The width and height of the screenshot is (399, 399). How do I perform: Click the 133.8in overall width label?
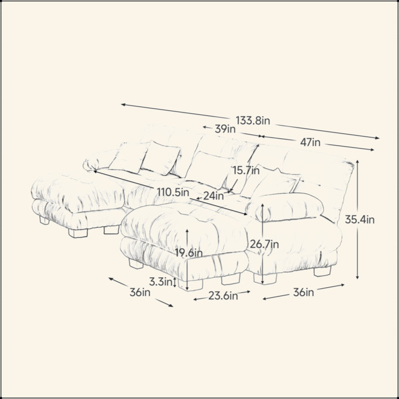(252, 120)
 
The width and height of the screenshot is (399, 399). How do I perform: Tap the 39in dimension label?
(225, 129)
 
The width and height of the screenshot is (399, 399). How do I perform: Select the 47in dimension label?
(310, 142)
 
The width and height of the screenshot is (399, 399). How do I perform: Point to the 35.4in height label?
(360, 219)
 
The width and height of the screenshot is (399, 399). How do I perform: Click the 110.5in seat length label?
(173, 192)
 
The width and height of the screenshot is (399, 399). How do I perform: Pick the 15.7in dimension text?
(246, 171)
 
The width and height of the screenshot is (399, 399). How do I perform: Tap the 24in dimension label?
(213, 196)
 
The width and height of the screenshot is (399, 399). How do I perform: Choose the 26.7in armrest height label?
(264, 244)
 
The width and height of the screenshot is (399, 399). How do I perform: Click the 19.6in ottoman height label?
(189, 253)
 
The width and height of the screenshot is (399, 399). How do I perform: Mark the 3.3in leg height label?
(161, 282)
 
